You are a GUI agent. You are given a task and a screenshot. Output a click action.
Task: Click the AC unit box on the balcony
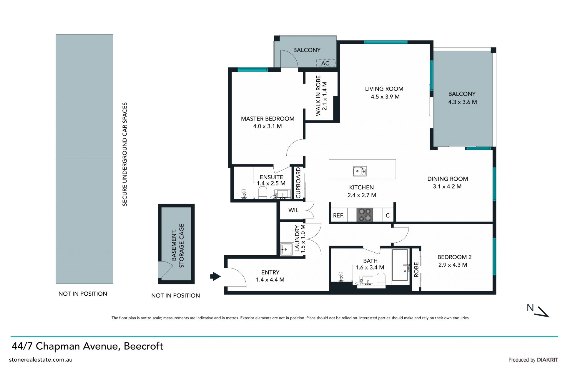click(326, 63)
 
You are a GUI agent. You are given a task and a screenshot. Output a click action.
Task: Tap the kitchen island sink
click(360, 171)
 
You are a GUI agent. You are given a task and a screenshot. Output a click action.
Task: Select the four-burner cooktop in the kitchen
click(365, 215)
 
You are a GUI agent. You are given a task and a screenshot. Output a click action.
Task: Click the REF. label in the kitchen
click(338, 215)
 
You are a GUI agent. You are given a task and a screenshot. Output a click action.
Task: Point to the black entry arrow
click(215, 276)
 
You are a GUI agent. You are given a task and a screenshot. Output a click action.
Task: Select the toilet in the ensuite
click(262, 193)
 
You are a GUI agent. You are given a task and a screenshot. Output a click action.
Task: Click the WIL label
click(293, 210)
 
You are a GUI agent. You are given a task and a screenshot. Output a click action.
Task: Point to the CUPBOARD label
click(298, 183)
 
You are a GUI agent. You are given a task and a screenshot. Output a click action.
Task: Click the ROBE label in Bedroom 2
click(416, 270)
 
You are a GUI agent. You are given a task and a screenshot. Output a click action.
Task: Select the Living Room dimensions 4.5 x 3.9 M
click(385, 97)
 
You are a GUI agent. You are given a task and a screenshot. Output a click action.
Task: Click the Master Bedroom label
click(267, 119)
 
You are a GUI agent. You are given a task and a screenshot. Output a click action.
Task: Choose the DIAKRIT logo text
click(547, 360)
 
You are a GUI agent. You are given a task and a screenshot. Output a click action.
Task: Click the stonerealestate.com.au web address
click(41, 360)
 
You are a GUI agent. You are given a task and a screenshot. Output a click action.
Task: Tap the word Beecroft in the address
click(143, 346)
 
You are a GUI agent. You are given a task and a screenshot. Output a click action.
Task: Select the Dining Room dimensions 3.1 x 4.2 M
click(447, 187)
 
